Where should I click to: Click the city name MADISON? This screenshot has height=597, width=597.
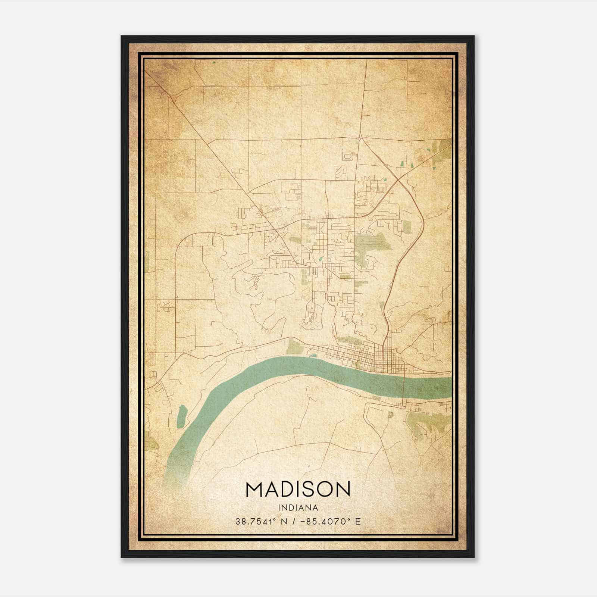[x=298, y=490]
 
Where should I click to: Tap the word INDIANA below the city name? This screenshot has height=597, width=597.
[x=298, y=508]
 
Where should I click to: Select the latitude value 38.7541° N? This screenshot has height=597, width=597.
[x=261, y=522]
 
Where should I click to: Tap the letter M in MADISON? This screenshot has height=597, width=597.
[x=254, y=490]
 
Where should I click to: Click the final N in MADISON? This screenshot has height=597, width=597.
[x=343, y=490]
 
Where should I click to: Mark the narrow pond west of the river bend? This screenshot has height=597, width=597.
[x=182, y=416]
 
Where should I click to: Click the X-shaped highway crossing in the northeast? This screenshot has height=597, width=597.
[x=398, y=180]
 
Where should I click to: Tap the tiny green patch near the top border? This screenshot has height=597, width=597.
[x=214, y=62]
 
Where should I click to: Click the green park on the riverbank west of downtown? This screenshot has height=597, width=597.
[x=294, y=347]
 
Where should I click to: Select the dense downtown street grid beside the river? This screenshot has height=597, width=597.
[x=384, y=358]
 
